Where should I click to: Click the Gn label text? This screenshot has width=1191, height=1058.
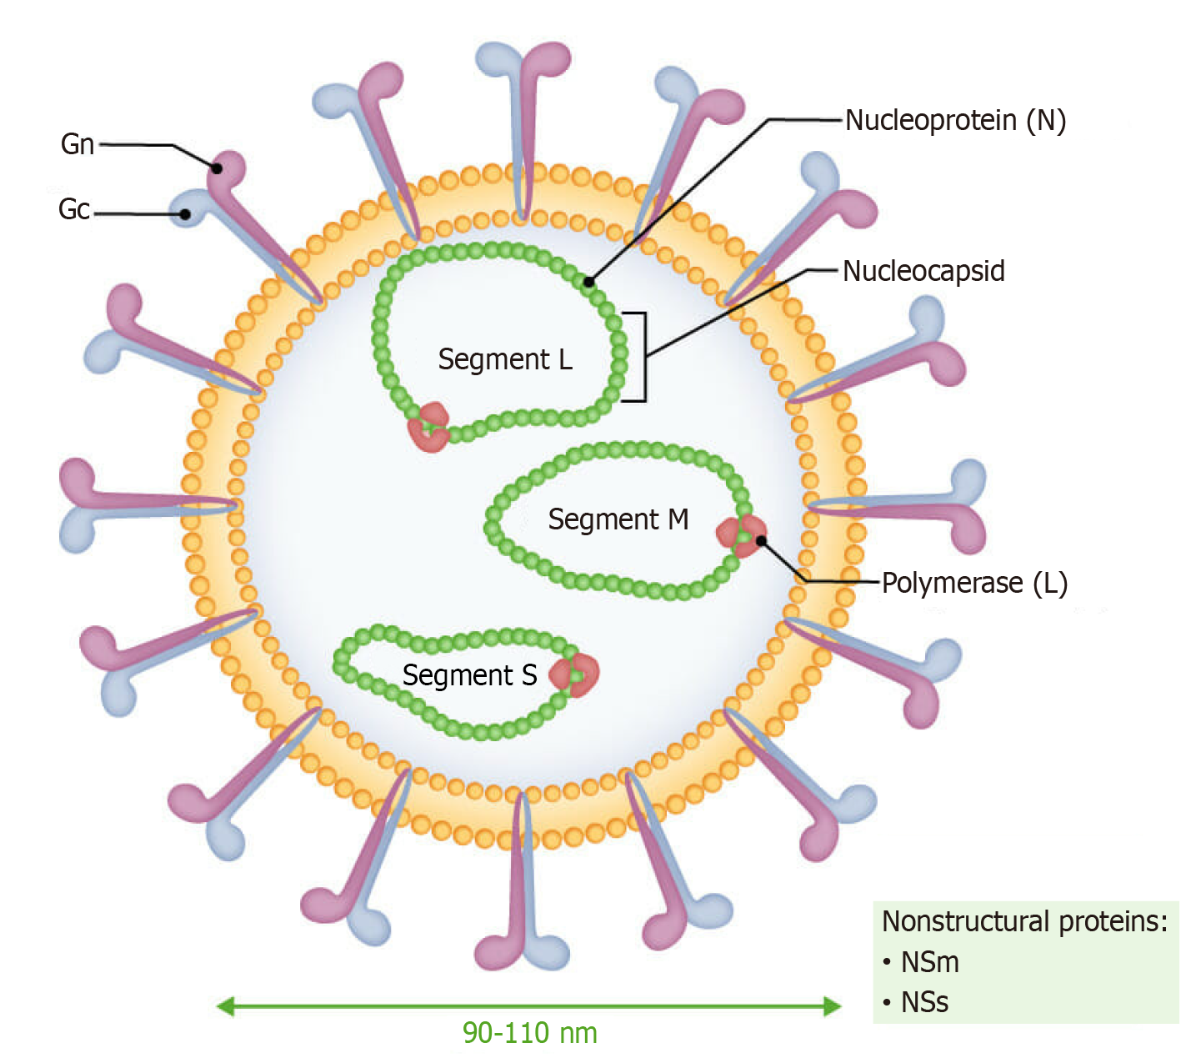pyautogui.click(x=78, y=144)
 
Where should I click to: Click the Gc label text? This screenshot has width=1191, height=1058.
pyautogui.click(x=74, y=209)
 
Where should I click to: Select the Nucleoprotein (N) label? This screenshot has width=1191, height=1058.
pyautogui.click(x=955, y=121)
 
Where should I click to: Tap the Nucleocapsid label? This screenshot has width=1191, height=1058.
pyautogui.click(x=923, y=271)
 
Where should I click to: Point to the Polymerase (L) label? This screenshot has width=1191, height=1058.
pyautogui.click(x=974, y=583)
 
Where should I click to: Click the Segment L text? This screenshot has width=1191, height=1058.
pyautogui.click(x=505, y=359)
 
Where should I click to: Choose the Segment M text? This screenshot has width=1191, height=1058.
pyautogui.click(x=618, y=519)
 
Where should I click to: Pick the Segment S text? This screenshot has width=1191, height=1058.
pyautogui.click(x=469, y=675)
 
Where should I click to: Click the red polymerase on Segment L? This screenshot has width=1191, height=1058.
pyautogui.click(x=428, y=427)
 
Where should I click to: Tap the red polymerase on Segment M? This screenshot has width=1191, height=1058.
pyautogui.click(x=741, y=534)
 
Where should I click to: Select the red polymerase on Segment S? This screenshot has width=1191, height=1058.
pyautogui.click(x=575, y=674)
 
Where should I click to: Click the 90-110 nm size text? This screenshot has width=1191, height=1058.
pyautogui.click(x=530, y=1033)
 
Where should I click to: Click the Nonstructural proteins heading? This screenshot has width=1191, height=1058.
pyautogui.click(x=1024, y=921)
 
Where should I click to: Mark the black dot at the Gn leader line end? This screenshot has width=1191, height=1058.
pyautogui.click(x=217, y=168)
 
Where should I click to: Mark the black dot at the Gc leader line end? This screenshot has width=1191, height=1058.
pyautogui.click(x=185, y=214)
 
